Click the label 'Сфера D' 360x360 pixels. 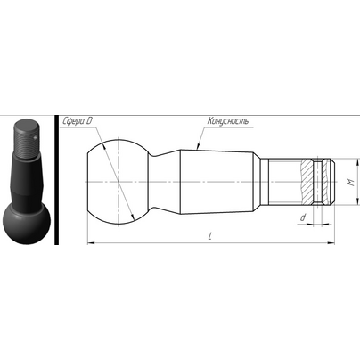point(78,121)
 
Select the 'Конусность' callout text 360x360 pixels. point(228,121)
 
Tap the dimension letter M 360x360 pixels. point(351,183)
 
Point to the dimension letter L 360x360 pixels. point(210,236)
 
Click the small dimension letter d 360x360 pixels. point(302,217)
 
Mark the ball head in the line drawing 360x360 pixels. point(118,182)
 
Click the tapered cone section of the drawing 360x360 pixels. point(217,182)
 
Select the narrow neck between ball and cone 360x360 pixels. point(164,182)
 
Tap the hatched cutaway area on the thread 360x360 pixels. point(307,182)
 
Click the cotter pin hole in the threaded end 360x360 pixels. point(318,182)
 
